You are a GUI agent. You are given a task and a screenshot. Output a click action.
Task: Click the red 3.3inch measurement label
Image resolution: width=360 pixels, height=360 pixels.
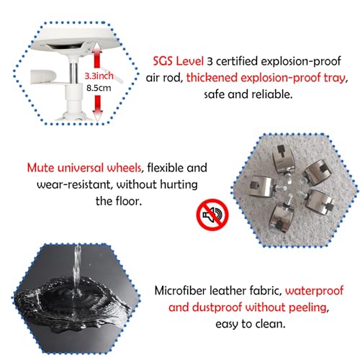99,76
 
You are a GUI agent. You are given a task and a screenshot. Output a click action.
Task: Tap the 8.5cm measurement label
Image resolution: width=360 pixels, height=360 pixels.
99,88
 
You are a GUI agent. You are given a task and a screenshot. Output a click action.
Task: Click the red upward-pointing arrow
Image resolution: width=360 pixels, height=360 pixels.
96,55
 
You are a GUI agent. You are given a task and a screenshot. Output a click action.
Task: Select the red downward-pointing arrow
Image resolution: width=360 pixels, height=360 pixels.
97,108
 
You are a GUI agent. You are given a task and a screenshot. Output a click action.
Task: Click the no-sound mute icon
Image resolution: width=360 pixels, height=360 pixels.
212,215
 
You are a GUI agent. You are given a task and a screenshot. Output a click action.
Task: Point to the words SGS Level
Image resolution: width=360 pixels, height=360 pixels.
179,61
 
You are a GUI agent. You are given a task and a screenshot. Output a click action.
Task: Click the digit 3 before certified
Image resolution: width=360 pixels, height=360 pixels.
210,61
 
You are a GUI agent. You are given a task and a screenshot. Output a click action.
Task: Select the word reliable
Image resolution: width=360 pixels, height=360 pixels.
272,94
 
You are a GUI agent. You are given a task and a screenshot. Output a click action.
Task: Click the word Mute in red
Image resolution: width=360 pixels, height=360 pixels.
41,168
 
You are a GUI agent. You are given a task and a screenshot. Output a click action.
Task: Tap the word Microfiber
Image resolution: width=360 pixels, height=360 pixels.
181,291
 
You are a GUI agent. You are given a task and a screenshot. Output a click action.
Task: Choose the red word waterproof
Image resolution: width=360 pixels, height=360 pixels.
314,292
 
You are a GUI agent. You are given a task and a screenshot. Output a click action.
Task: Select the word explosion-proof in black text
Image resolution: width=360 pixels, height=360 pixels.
301,61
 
